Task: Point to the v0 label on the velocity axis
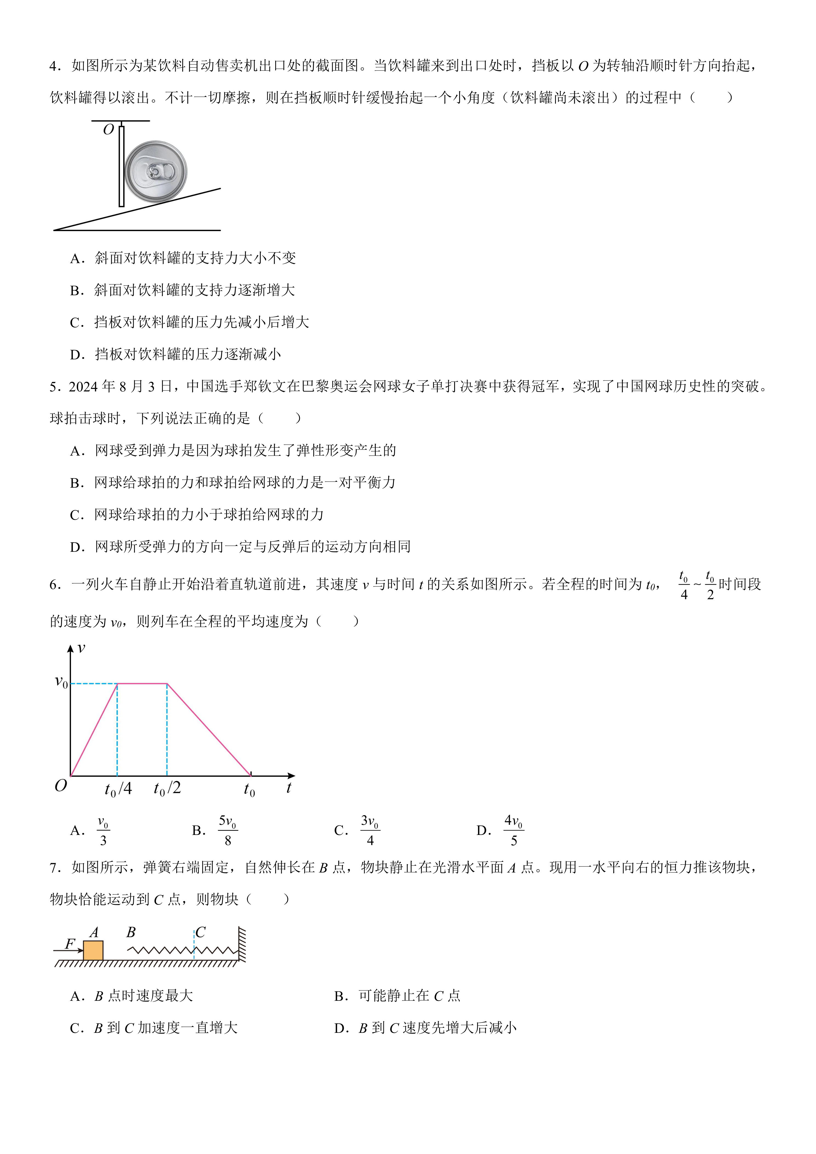point(61,683)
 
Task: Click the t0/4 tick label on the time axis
point(118,789)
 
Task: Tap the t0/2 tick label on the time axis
point(167,788)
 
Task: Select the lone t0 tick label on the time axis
point(249,790)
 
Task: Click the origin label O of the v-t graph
point(60,786)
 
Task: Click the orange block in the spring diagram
point(93,950)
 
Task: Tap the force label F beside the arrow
point(70,944)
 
